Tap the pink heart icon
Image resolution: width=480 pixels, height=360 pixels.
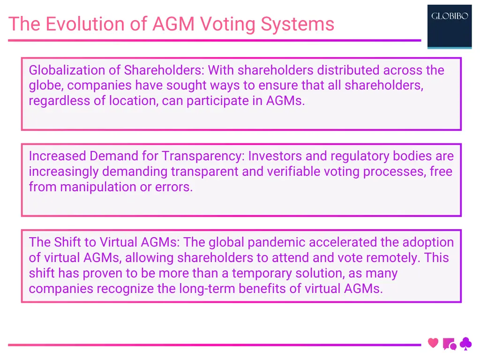pyautogui.click(x=434, y=343)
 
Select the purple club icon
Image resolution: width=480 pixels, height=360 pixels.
pyautogui.click(x=465, y=344)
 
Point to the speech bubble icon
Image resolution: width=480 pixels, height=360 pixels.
pyautogui.click(x=449, y=344)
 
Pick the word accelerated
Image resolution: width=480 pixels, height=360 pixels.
pyautogui.click(x=348, y=242)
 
